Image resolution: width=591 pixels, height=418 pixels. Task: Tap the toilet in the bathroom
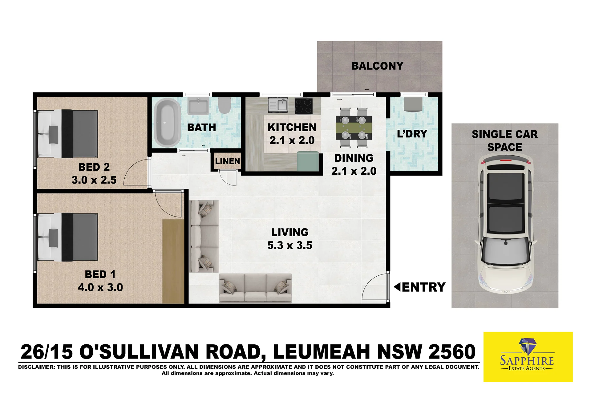coord(225,105)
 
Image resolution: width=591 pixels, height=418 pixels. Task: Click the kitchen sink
coord(278,105)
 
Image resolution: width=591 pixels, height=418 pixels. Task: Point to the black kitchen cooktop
coord(304,106)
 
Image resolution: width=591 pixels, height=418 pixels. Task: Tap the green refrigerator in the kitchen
coord(308,161)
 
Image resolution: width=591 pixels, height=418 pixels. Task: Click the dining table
coord(354,128)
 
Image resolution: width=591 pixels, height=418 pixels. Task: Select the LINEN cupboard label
coord(227,161)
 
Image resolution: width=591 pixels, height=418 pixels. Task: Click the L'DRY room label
coord(412,134)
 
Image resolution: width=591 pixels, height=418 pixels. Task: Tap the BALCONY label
coord(377,66)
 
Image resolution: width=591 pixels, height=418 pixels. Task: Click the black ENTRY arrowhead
coord(397,287)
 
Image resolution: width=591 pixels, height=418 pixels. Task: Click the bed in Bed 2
coord(68,134)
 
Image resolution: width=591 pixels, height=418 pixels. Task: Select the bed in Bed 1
coord(68,237)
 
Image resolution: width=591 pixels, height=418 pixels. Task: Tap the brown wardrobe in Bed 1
coord(173,262)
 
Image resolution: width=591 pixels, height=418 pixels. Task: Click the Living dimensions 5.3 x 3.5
coord(289,246)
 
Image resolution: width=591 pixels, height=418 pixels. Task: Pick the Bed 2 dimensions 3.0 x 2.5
coord(94,180)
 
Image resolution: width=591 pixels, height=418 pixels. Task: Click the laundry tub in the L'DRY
coord(413,104)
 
